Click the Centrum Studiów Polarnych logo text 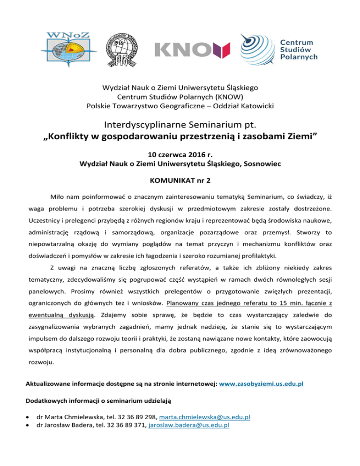pyautogui.click(x=299, y=50)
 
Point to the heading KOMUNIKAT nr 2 pyautogui.click(x=180, y=180)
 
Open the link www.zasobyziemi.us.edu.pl pyautogui.click(x=261, y=383)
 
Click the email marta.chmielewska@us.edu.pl pyautogui.click(x=204, y=417)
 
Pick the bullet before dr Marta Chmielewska pyautogui.click(x=29, y=417)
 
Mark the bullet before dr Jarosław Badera pyautogui.click(x=29, y=425)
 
